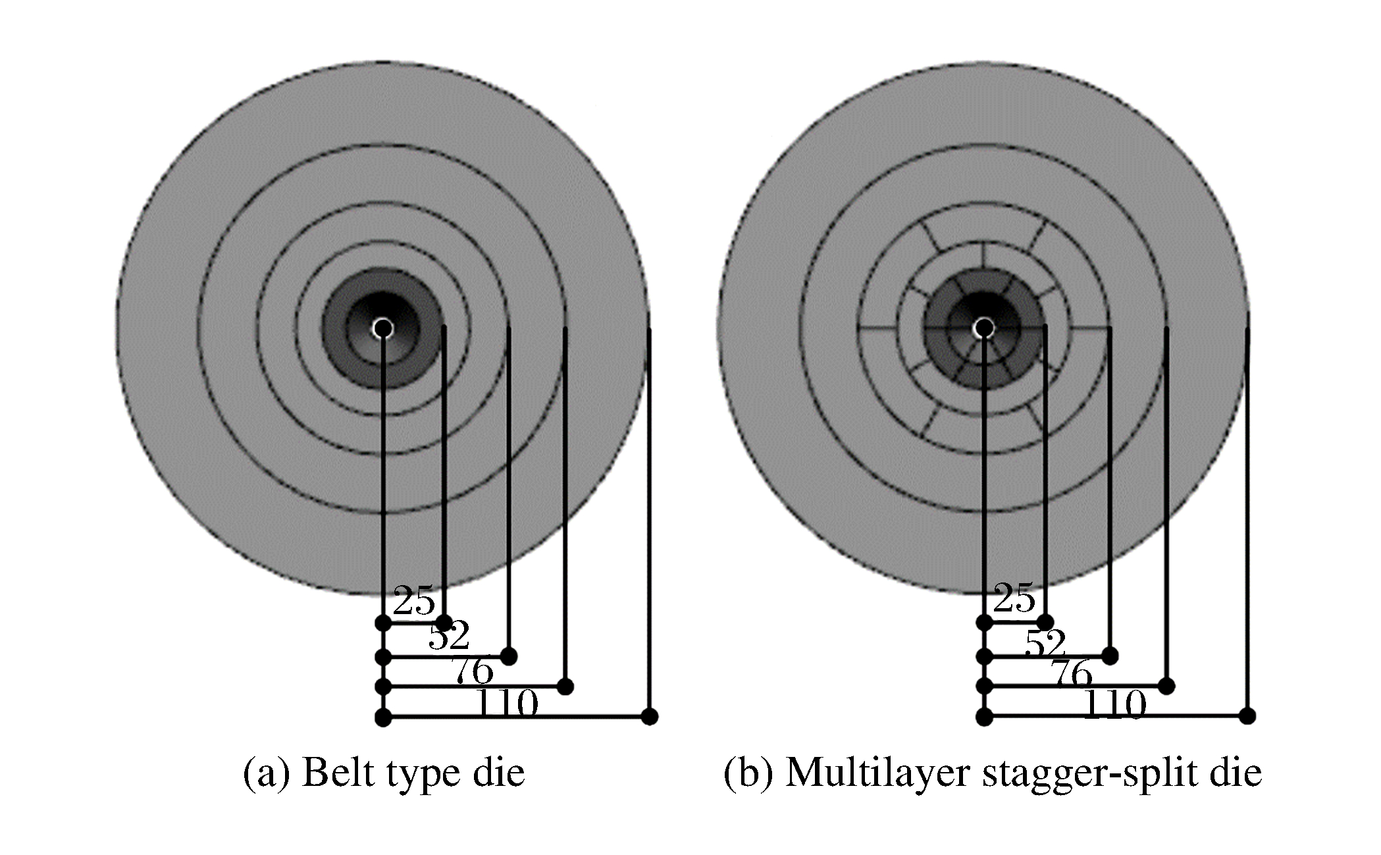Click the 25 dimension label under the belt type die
[x=414, y=600]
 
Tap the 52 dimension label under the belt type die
[x=449, y=636]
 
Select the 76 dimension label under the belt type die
[x=472, y=672]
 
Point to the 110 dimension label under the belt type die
[x=506, y=704]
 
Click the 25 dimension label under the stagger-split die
[x=1014, y=599]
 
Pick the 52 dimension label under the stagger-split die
[x=1045, y=642]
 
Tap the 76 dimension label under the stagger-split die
[x=1071, y=674]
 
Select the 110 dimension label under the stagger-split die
[x=1114, y=704]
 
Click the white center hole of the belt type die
[x=382, y=328]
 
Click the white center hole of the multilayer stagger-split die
[x=983, y=327]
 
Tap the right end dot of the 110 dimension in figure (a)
[x=650, y=716]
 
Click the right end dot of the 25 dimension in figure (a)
[x=444, y=622]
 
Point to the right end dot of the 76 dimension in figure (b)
[x=1166, y=686]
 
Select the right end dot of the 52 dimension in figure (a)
[x=508, y=656]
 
